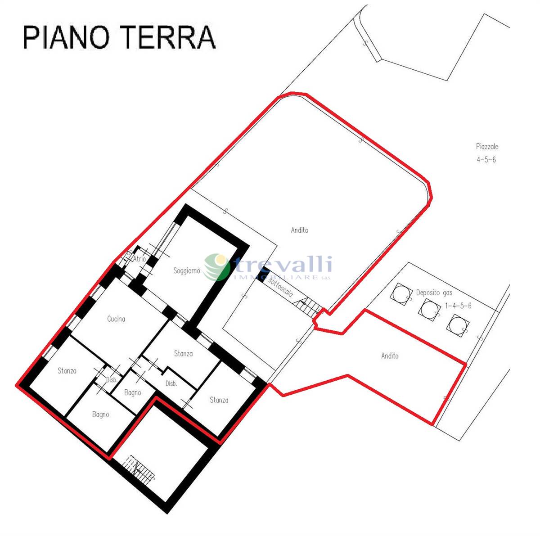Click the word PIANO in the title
pos(66,37)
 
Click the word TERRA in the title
pos(170,37)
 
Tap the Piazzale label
pos(487,147)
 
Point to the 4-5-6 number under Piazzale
pos(486,159)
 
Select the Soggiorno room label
pos(187,271)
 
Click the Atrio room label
pos(139,258)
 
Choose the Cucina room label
pos(116,319)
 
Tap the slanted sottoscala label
pos(280,288)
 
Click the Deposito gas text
pos(434,293)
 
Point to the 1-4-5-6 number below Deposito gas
pos(458,306)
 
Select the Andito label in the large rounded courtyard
pos(300,230)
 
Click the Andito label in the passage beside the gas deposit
pos(390,356)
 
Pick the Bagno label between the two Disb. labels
pos(133,393)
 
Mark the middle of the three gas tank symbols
pos(429,310)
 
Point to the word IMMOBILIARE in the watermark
pos(275,278)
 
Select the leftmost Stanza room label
pos(67,370)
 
